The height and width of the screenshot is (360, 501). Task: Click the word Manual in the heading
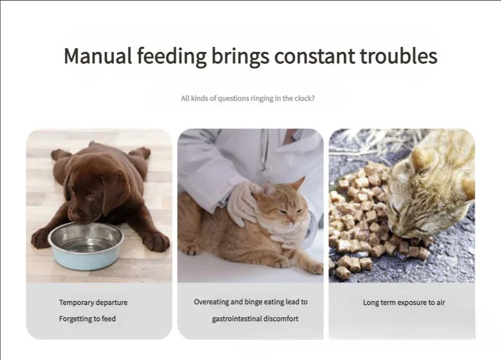pyautogui.click(x=98, y=56)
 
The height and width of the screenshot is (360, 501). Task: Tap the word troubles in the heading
pyautogui.click(x=399, y=56)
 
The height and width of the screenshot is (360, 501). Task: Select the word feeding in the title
pyautogui.click(x=171, y=56)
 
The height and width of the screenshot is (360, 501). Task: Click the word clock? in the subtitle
pyautogui.click(x=305, y=98)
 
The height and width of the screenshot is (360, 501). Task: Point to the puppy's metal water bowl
pyautogui.click(x=86, y=245)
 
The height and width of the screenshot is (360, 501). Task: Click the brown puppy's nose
pyautogui.click(x=74, y=216)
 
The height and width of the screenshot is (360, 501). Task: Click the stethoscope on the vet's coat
pyautogui.click(x=264, y=150)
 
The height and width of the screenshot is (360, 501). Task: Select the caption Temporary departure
pyautogui.click(x=93, y=302)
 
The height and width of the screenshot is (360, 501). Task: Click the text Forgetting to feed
pyautogui.click(x=87, y=319)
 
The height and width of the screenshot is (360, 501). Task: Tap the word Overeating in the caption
pyautogui.click(x=211, y=302)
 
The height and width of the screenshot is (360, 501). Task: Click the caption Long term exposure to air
pyautogui.click(x=404, y=302)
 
